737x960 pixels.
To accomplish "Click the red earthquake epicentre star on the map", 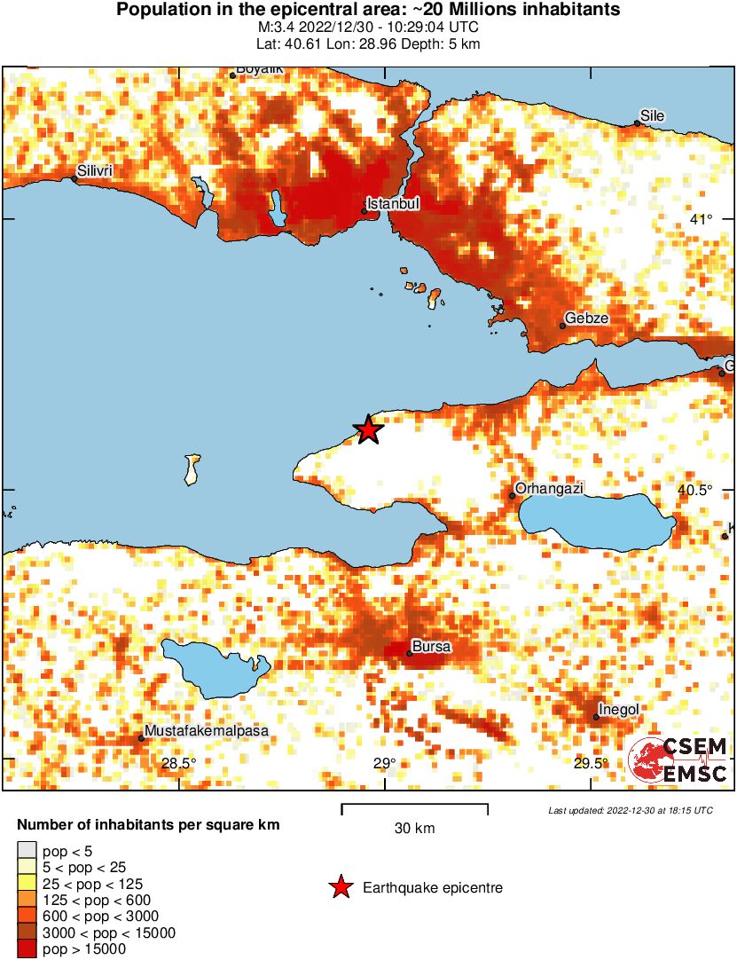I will click(368, 430).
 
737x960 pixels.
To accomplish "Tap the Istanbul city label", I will click(393, 204).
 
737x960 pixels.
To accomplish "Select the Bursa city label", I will click(432, 647).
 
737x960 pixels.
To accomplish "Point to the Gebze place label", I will click(587, 319).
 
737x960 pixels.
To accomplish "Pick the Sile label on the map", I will click(652, 116).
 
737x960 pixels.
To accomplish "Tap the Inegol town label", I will click(619, 709).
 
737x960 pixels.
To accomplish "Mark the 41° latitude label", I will click(702, 219).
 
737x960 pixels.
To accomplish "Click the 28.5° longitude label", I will click(178, 763).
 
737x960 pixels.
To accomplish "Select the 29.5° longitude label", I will click(592, 763).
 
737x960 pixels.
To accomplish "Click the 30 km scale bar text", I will click(414, 828).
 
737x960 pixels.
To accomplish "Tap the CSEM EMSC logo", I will click(678, 761).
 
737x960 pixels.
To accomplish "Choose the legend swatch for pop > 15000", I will click(27, 949).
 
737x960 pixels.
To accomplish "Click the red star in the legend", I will click(339, 887).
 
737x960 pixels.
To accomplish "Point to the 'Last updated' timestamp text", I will click(630, 810).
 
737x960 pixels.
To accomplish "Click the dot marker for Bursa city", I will click(409, 654).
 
